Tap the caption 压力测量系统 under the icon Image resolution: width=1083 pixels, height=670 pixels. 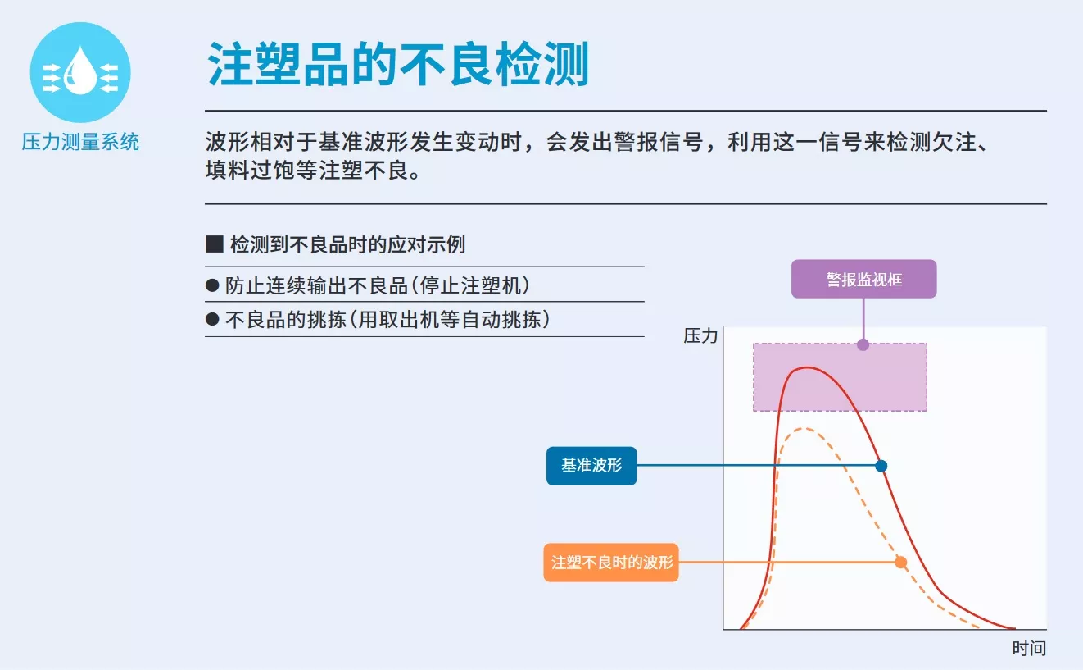coord(80,142)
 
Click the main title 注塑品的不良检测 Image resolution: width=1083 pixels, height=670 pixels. coord(398,64)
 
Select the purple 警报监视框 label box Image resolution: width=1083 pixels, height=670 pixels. coord(863,279)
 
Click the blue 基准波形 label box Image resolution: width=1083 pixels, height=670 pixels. coord(591,465)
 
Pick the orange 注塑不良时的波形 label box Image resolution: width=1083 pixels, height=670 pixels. coord(611,562)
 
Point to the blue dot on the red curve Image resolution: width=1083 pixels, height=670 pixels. coord(881,466)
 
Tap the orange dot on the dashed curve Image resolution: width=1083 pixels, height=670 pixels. coord(900,562)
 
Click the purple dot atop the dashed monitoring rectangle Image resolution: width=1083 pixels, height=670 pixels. coord(863,344)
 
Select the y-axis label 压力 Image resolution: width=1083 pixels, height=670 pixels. coord(700,335)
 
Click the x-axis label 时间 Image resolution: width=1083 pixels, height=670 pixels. coord(1029,648)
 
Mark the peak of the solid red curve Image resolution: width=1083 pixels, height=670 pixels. coord(808,368)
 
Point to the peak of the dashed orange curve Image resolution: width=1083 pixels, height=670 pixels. coord(804,428)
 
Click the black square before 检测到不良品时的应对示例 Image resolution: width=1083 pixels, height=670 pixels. coord(214,244)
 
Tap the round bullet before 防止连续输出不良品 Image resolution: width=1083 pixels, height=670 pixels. coord(212,285)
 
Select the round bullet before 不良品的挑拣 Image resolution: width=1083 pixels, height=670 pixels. coord(212,320)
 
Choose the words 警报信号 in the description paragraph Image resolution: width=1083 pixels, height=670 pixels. coord(659,142)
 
